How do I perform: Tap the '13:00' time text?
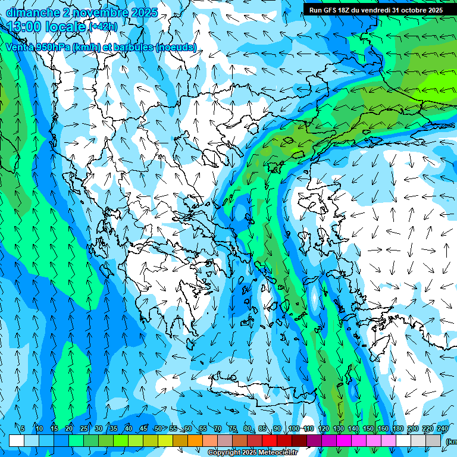click(x=24, y=26)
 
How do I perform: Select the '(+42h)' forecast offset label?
click(x=103, y=27)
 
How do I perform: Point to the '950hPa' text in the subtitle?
click(x=51, y=47)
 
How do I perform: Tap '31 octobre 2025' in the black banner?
click(x=420, y=10)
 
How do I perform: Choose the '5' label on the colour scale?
click(x=23, y=428)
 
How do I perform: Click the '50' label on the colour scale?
click(x=158, y=428)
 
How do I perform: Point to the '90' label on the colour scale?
click(x=277, y=428)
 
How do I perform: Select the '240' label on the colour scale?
click(x=443, y=428)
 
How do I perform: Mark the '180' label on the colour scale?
click(x=398, y=428)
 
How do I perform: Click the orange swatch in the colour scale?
click(x=195, y=440)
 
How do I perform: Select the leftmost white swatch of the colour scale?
click(x=17, y=440)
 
